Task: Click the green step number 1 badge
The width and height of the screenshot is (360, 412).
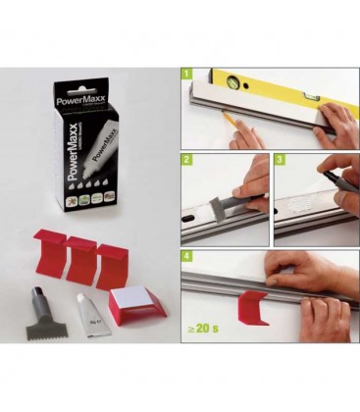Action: coord(185,73)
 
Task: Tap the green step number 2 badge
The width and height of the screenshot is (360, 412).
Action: coord(185,158)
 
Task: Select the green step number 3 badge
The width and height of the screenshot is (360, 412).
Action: coord(280,158)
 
